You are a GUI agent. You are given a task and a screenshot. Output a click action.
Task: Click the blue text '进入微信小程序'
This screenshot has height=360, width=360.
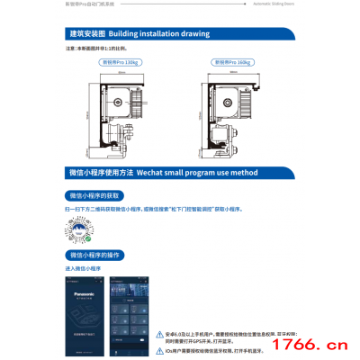[82, 269]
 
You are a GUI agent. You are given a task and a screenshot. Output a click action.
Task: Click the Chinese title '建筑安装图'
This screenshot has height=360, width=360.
[87, 34]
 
